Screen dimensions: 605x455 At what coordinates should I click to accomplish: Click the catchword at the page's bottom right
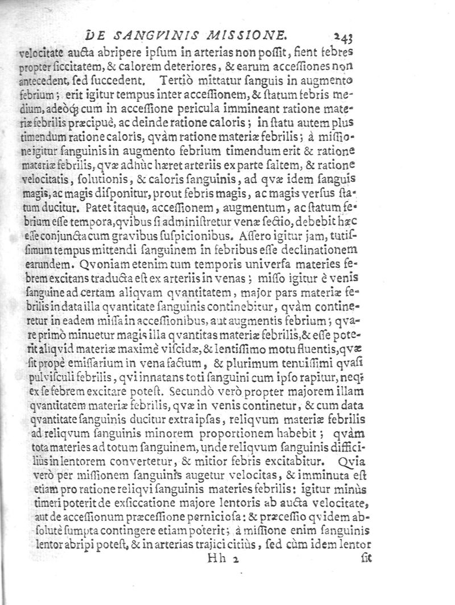tap(365, 559)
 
